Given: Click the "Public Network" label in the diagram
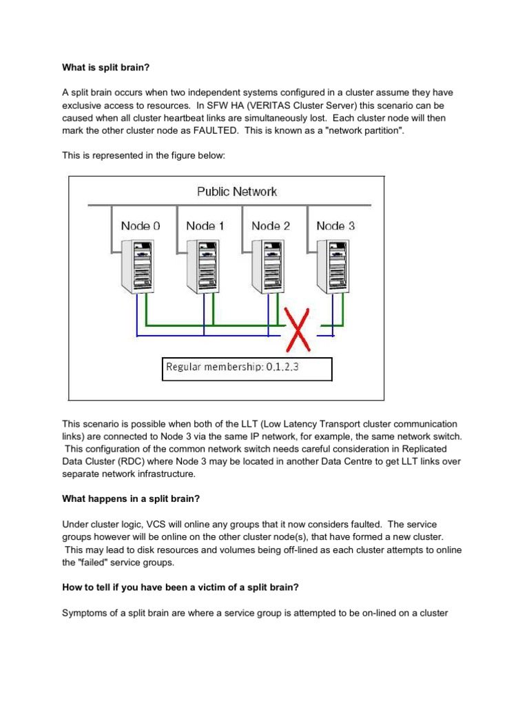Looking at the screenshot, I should point(236,192).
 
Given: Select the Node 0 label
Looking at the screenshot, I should point(141,225).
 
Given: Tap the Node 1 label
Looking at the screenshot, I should point(205,225).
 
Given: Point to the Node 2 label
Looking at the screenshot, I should point(271,225).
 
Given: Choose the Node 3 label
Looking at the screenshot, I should point(335,225).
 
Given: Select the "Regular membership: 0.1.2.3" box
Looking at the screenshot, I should point(247,368).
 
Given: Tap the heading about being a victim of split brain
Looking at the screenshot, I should point(181,587).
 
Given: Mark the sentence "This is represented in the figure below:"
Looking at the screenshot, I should point(144,156).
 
